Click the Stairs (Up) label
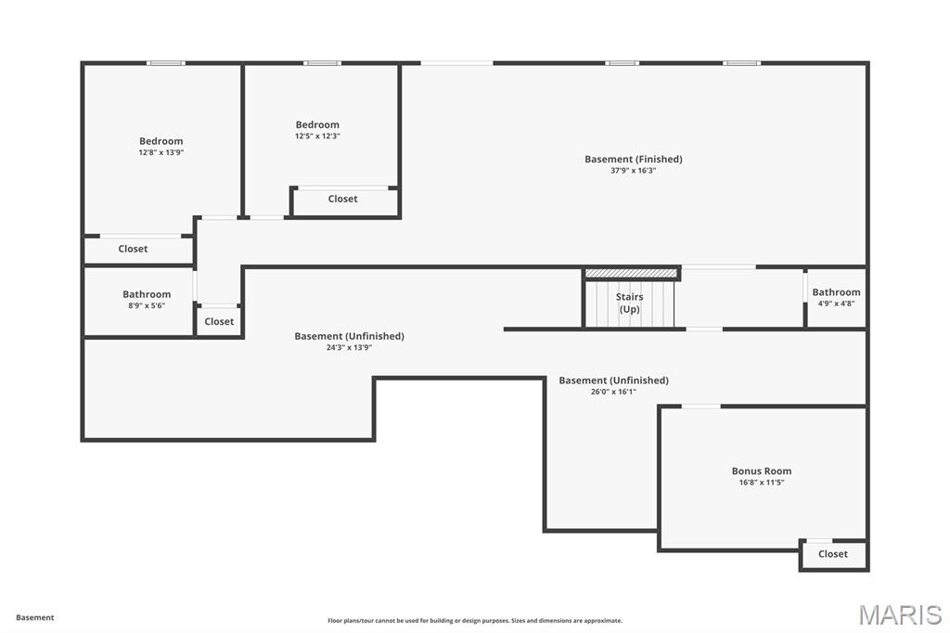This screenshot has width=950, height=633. (x=630, y=303)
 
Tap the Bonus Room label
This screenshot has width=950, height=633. (x=762, y=471)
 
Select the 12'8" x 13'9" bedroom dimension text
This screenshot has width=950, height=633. (x=161, y=152)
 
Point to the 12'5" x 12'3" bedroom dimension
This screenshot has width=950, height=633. (x=317, y=136)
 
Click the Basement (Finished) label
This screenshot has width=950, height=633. (x=633, y=159)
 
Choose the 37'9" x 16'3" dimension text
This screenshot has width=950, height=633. (x=633, y=171)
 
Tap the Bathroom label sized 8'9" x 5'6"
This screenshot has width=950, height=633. (x=147, y=294)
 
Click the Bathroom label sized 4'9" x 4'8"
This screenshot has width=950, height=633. (x=836, y=292)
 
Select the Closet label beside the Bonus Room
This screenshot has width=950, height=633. (x=832, y=554)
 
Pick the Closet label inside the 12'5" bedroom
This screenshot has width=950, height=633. (x=342, y=199)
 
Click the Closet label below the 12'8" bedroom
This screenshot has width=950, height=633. (x=133, y=249)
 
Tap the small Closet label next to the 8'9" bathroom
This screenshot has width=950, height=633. (x=219, y=321)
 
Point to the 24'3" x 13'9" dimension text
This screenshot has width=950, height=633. (x=349, y=347)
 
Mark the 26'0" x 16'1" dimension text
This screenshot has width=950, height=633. (x=613, y=392)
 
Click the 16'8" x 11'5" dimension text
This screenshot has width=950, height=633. (x=762, y=483)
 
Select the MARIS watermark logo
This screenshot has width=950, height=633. (x=900, y=614)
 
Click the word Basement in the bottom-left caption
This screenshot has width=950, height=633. (x=35, y=617)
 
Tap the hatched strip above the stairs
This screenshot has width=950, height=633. (x=631, y=273)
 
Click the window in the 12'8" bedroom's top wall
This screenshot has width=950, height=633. (x=166, y=63)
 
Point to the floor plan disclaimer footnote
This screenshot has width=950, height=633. (x=474, y=621)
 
